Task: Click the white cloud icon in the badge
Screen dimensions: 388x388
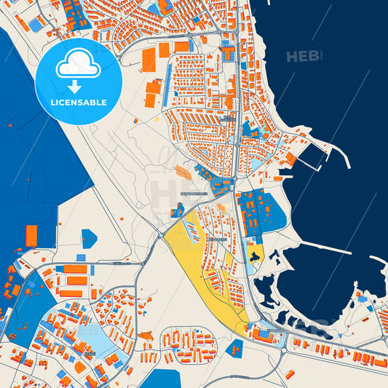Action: pos(79,64)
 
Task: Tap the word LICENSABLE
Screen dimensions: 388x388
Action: pos(79,103)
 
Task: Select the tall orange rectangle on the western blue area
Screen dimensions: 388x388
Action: pos(31,236)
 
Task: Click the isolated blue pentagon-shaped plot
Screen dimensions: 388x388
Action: pos(89,238)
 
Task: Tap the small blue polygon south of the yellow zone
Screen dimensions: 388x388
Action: pos(234,348)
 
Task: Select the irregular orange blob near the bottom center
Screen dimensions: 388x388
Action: pos(146,336)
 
